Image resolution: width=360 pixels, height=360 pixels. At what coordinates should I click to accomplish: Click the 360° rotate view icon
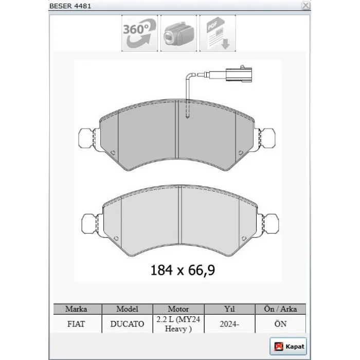(x=139, y=33)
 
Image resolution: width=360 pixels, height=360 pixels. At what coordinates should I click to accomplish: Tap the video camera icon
(x=178, y=33)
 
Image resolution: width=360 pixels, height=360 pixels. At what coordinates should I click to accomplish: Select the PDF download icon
(x=218, y=33)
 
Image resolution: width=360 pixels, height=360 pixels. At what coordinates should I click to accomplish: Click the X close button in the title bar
(x=305, y=5)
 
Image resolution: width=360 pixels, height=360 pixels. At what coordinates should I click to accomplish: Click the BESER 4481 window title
(x=70, y=6)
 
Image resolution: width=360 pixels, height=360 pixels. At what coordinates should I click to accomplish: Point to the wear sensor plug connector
(x=239, y=74)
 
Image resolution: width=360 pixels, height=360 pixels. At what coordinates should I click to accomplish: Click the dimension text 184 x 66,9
(x=183, y=270)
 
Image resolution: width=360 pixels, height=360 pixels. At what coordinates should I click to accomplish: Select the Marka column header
(x=76, y=309)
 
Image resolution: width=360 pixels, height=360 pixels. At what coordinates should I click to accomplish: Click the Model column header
(x=127, y=309)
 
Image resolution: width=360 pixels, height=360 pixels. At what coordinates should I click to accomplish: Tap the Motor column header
(x=178, y=309)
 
